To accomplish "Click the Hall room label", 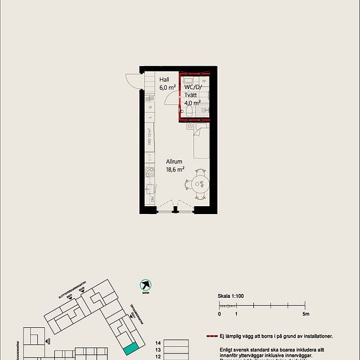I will point(165,79).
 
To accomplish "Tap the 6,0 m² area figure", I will point(168,87).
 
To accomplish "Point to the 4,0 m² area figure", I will point(192,103).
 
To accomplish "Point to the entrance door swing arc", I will point(132,79).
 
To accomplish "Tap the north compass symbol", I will point(145,285).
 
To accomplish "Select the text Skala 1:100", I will point(231,296).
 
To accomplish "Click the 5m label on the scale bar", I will point(305,314).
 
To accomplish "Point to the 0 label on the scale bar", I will point(219,314).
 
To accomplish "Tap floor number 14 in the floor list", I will point(157,343).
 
